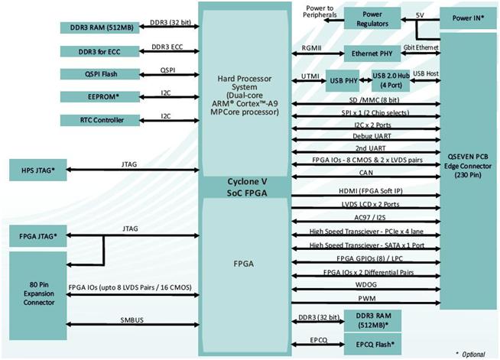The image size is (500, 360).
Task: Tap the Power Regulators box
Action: pyautogui.click(x=372, y=18)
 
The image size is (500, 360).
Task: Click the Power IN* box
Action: pyautogui.click(x=468, y=17)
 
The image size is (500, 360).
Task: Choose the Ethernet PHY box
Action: pyautogui.click(x=372, y=54)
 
